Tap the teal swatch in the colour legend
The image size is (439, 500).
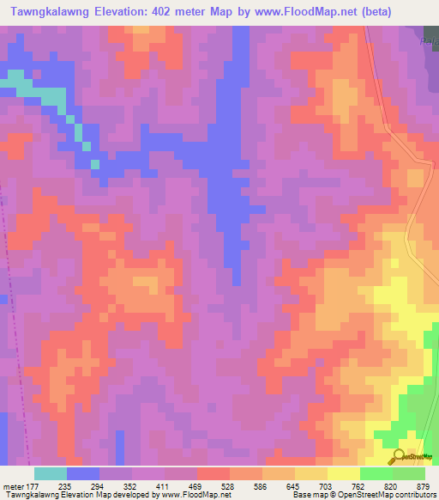(51, 473)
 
